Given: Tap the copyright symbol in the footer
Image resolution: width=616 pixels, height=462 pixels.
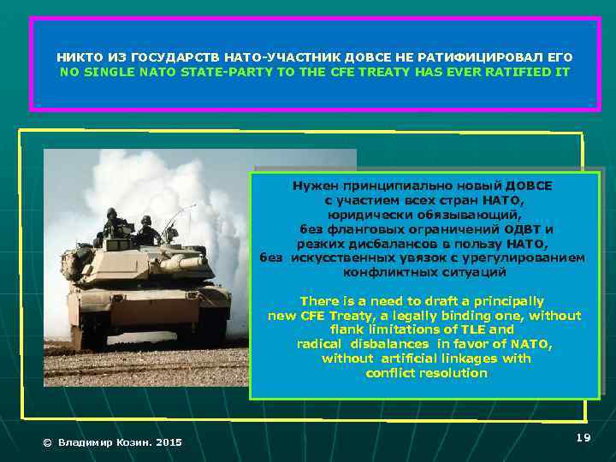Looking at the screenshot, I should click(x=48, y=442).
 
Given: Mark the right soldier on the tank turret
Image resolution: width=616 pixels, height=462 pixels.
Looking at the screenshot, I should click(x=146, y=228).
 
